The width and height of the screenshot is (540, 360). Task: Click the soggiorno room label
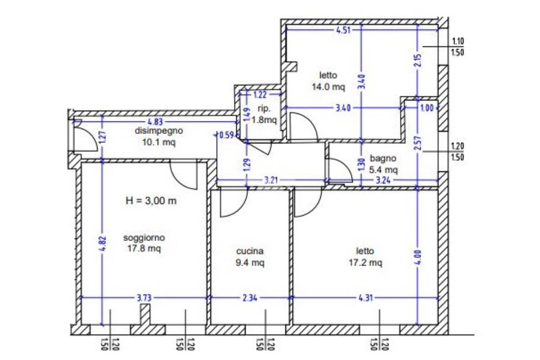pos(144,238)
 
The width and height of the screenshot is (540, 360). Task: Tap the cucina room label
pos(250,251)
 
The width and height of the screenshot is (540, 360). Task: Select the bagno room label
pos(383,158)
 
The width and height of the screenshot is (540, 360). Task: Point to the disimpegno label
pos(159,131)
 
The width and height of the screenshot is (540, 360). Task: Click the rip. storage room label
pos(264,109)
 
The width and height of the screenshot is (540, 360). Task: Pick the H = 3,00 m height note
pos(151,201)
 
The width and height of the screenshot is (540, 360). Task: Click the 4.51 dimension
pos(343,30)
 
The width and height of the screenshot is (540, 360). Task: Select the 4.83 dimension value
pos(155,122)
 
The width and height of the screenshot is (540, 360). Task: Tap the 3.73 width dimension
pos(144,298)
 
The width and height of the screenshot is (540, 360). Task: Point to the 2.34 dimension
pos(250,298)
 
